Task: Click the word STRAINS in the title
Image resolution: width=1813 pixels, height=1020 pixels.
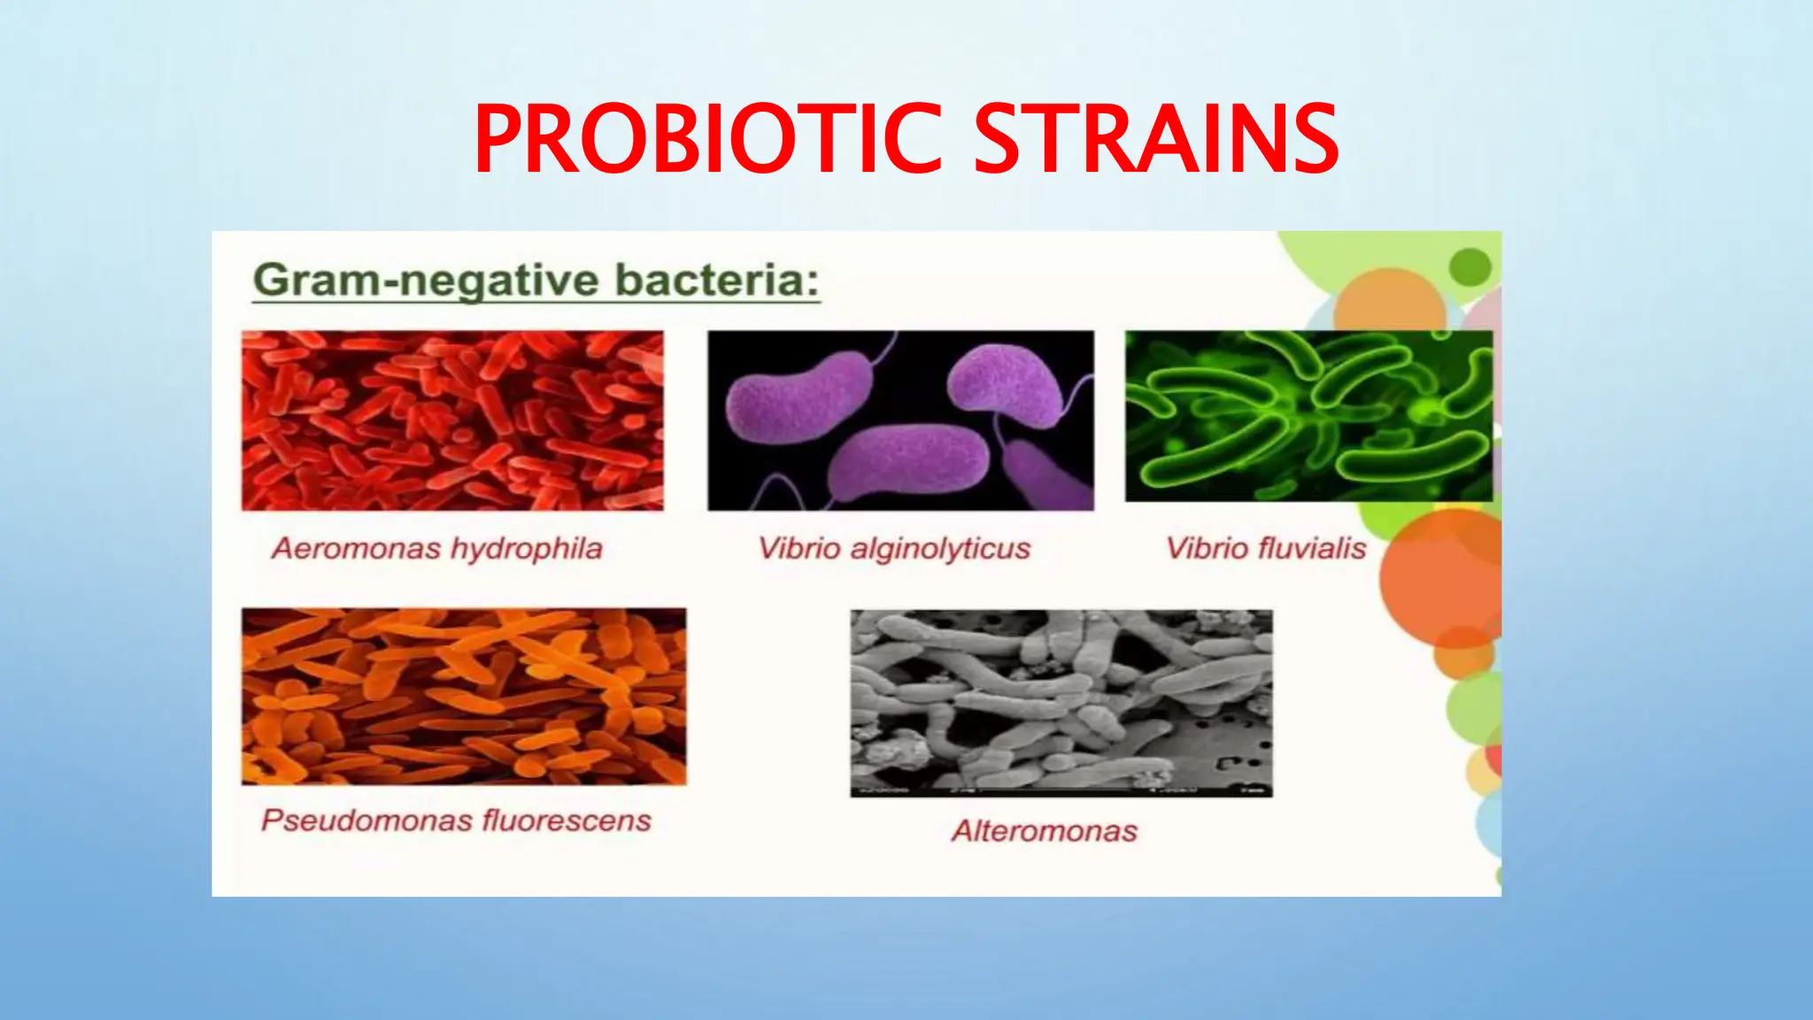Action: click(x=1156, y=139)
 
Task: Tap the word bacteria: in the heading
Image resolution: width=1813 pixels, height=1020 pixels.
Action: click(x=717, y=281)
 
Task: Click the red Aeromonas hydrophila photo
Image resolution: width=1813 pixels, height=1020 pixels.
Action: click(x=452, y=421)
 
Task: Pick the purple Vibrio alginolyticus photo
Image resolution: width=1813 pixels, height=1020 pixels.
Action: click(x=900, y=421)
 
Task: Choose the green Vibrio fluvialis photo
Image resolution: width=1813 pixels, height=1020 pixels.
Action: click(x=1308, y=416)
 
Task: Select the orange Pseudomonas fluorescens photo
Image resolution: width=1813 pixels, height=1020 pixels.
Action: click(x=464, y=696)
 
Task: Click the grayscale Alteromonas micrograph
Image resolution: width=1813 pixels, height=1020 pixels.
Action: click(x=1061, y=703)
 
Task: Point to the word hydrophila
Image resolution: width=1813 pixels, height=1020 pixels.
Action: click(x=526, y=549)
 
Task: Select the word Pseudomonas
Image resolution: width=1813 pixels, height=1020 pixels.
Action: click(x=366, y=821)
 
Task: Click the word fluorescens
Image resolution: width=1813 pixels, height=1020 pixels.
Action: click(x=567, y=821)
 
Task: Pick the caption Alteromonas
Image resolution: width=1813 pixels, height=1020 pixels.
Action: click(x=1045, y=831)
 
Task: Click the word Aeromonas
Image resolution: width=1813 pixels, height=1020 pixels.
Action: click(x=356, y=549)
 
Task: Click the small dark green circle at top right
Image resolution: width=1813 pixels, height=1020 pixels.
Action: click(x=1470, y=267)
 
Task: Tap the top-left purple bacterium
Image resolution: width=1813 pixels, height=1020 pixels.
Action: click(x=797, y=398)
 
